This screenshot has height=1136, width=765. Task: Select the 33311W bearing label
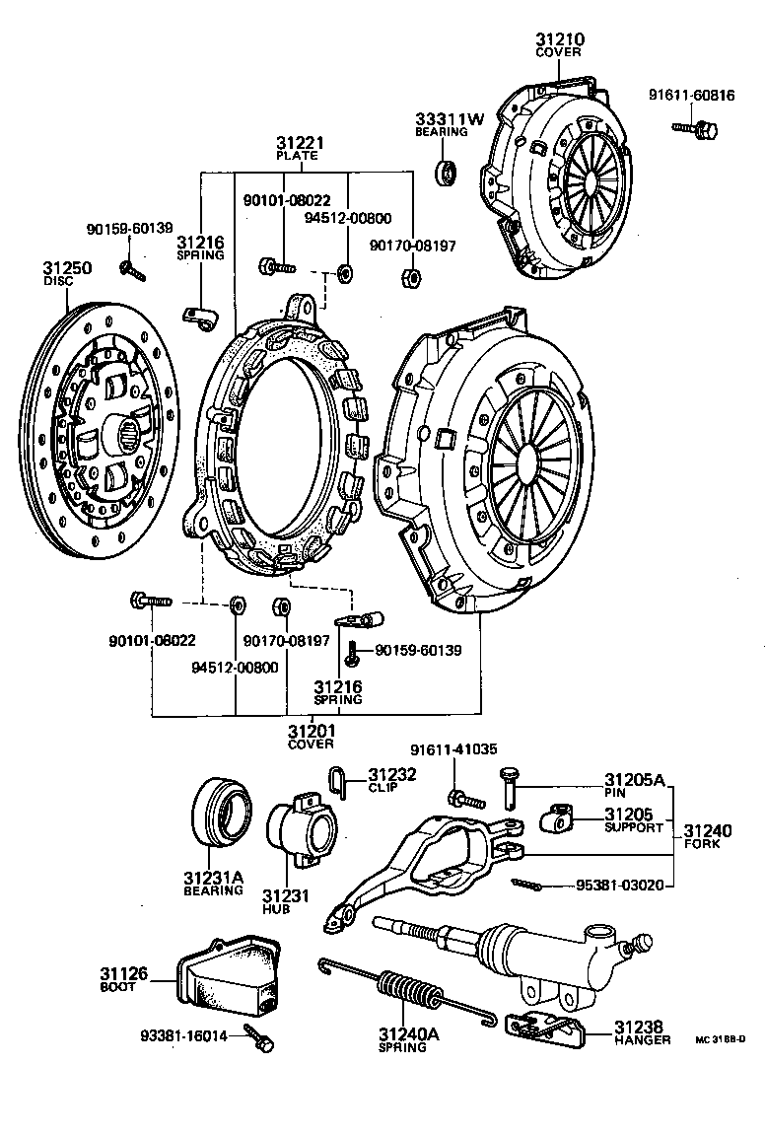450,119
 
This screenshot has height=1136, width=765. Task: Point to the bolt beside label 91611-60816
697,127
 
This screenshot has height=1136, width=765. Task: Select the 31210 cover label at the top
560,40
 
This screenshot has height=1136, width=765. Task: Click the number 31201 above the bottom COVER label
312,731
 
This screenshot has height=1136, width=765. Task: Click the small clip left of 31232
335,781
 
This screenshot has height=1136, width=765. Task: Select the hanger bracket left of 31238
544,1027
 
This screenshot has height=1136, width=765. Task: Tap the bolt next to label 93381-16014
259,1037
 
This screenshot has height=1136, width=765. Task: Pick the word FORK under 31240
705,845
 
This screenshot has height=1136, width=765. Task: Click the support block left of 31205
561,816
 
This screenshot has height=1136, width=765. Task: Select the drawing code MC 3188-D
721,1040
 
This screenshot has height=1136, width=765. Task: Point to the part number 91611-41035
454,750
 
